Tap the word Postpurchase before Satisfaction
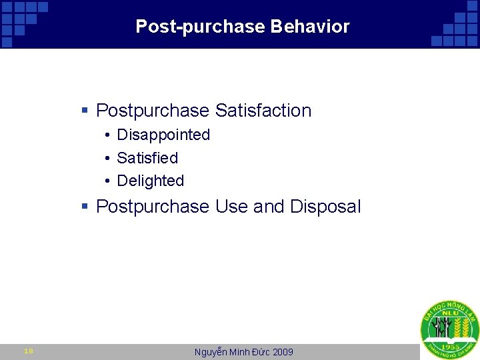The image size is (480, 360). click(153, 111)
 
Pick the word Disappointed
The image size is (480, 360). click(163, 135)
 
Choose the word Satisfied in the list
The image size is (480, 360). click(147, 158)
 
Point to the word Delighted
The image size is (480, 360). click(150, 181)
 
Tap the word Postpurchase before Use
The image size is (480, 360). click(153, 207)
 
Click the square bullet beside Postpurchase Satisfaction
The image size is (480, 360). click(85, 111)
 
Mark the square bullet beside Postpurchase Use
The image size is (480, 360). click(85, 207)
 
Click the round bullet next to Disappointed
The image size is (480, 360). click(107, 135)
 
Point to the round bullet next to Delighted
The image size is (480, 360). click(107, 181)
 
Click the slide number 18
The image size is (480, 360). click(28, 351)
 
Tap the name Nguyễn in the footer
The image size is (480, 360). click(211, 352)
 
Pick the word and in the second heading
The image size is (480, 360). click(269, 207)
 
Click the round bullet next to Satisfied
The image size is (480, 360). click(107, 159)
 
